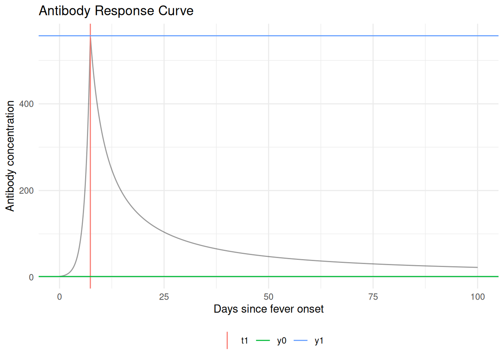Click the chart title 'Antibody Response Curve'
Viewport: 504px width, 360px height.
click(116, 10)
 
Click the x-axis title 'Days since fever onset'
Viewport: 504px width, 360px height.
click(268, 309)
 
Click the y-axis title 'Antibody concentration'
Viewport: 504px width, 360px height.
click(10, 156)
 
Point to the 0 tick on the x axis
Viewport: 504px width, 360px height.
click(59, 297)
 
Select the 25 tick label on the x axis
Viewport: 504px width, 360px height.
click(164, 297)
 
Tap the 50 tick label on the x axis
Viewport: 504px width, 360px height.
click(268, 297)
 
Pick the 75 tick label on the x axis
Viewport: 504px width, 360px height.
click(373, 297)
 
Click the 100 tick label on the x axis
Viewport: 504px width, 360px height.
click(477, 297)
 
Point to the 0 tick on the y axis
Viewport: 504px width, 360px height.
click(31, 277)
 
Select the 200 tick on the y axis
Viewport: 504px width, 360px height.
click(26, 190)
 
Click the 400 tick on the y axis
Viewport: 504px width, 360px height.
click(26, 104)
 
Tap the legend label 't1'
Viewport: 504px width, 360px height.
click(244, 340)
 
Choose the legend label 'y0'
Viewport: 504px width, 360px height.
click(282, 340)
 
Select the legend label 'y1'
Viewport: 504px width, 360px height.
click(319, 340)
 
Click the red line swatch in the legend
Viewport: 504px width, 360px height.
click(227, 340)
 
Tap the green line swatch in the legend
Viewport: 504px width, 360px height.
click(263, 340)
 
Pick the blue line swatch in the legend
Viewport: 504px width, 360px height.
click(300, 340)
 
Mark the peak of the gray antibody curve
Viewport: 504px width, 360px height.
click(90, 36)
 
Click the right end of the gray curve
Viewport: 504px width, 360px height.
click(477, 267)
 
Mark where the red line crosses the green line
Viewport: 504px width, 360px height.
click(90, 277)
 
